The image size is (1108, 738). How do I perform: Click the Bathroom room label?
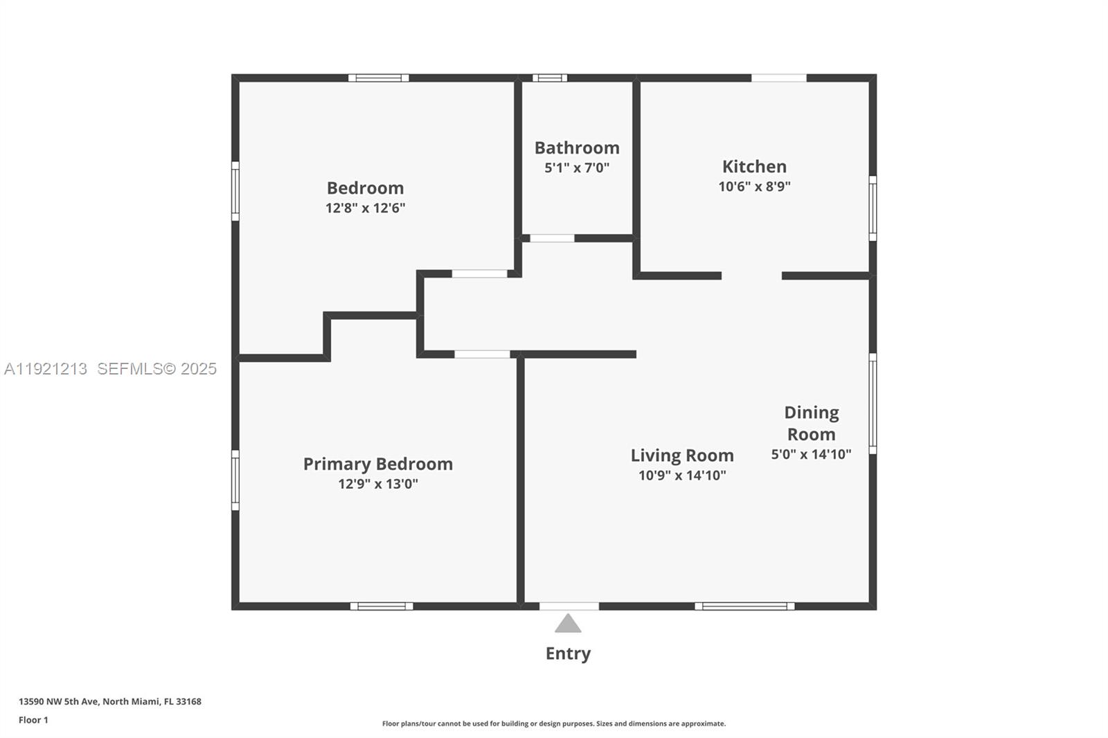pyautogui.click(x=577, y=148)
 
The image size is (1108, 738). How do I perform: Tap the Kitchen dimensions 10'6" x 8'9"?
pyautogui.click(x=754, y=186)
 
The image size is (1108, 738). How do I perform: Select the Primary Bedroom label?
pyautogui.click(x=378, y=464)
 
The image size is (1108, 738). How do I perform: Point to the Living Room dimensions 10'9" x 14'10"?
pyautogui.click(x=682, y=476)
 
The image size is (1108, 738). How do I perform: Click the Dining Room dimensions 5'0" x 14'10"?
pyautogui.click(x=811, y=454)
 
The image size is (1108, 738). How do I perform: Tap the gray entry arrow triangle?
pyautogui.click(x=568, y=623)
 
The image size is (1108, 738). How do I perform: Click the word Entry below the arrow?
pyautogui.click(x=568, y=654)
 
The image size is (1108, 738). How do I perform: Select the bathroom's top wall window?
pyautogui.click(x=550, y=78)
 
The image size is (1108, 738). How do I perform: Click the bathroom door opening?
pyautogui.click(x=552, y=238)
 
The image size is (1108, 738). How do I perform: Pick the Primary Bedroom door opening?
pyautogui.click(x=482, y=354)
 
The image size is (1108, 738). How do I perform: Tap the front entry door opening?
pyautogui.click(x=569, y=606)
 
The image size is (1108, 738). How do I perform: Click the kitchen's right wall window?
pyautogui.click(x=873, y=208)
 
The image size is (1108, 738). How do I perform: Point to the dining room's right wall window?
pyautogui.click(x=873, y=404)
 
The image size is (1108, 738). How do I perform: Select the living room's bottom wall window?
pyautogui.click(x=744, y=606)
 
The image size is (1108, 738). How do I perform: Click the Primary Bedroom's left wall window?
pyautogui.click(x=235, y=480)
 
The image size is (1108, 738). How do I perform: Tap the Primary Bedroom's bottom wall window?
pyautogui.click(x=382, y=606)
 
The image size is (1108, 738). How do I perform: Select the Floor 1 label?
pyautogui.click(x=34, y=720)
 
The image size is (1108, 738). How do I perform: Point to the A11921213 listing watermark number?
pyautogui.click(x=46, y=369)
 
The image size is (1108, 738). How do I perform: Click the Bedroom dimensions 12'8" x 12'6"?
pyautogui.click(x=365, y=208)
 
